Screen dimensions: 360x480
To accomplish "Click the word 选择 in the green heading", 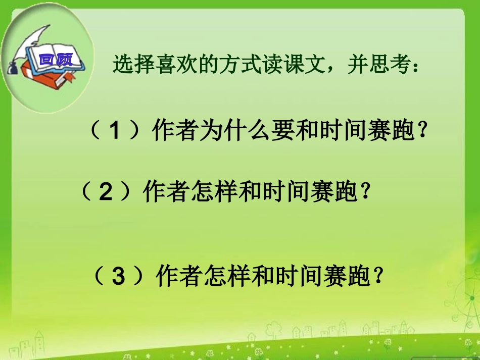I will click(127, 65).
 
